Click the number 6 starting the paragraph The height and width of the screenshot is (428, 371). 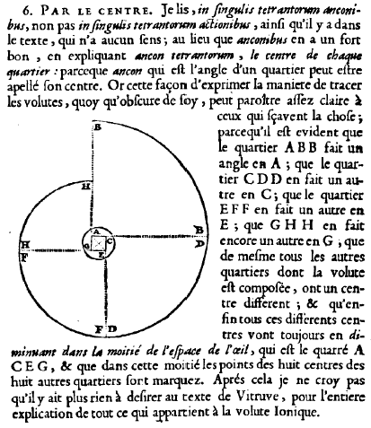point(26,12)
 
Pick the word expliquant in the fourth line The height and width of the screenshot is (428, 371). point(101,57)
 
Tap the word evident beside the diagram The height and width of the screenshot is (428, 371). point(321,132)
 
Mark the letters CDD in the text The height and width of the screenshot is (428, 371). point(263,179)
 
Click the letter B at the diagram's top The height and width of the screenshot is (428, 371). point(98,127)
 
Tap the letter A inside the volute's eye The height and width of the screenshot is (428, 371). point(96,231)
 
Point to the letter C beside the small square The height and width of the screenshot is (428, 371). point(110,241)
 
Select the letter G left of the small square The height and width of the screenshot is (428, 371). point(87,246)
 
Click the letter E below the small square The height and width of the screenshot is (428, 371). point(102,255)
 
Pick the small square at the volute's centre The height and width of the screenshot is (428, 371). point(99,243)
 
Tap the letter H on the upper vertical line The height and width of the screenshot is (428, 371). point(86,187)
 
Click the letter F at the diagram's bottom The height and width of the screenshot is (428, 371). point(98,329)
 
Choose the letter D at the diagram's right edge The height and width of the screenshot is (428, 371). point(200,243)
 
